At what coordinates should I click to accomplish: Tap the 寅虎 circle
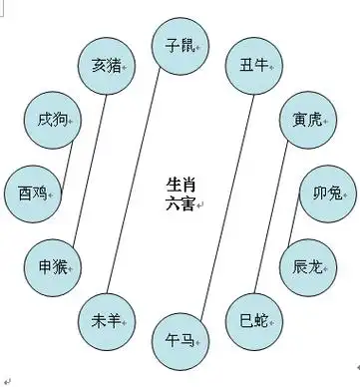pyautogui.click(x=306, y=120)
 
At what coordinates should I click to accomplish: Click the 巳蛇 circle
pyautogui.click(x=254, y=321)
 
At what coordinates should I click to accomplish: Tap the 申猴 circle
pyautogui.click(x=53, y=266)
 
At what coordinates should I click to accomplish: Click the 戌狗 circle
pyautogui.click(x=50, y=121)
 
